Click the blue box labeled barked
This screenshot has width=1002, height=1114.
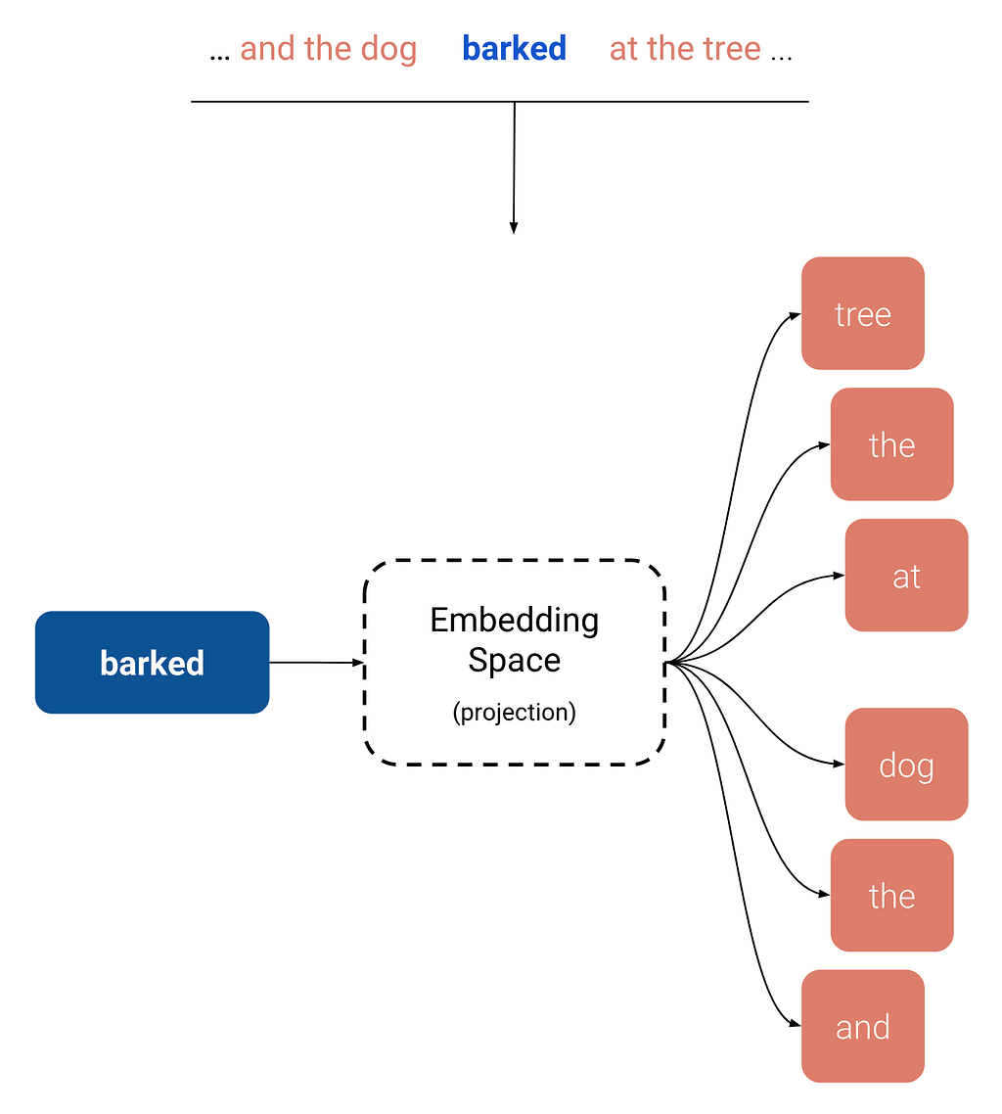[152, 663]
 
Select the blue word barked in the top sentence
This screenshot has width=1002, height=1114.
[514, 48]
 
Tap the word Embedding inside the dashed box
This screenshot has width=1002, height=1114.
[514, 620]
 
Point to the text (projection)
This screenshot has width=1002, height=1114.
[514, 713]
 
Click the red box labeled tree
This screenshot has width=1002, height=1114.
[862, 313]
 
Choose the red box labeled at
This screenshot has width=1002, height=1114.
[906, 575]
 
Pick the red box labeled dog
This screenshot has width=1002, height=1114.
[906, 765]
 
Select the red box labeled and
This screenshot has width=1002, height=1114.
[862, 1026]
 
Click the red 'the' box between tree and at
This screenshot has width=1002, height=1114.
[891, 444]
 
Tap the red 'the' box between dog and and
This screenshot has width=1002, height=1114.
[891, 895]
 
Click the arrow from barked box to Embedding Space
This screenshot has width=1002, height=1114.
[315, 663]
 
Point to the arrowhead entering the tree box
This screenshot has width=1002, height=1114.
[795, 314]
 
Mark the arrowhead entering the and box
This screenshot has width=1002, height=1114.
[795, 1025]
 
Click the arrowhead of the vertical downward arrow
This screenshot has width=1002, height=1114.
[514, 228]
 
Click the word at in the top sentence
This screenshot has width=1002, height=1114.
[624, 48]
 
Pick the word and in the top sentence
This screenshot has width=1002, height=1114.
[268, 48]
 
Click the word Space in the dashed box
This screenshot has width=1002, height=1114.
[514, 660]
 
